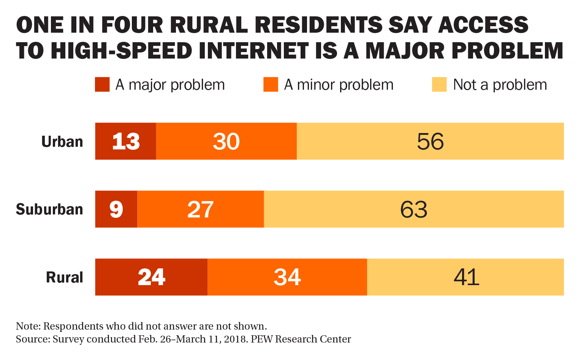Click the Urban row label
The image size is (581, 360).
62,141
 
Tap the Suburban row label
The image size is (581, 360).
49,209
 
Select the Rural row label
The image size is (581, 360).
65,277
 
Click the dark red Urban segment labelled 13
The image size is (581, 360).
125,141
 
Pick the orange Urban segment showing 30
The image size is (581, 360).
226,141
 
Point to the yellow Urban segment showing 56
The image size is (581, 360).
430,141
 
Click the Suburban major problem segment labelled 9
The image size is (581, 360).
116,209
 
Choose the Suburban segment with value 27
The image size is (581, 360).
200,209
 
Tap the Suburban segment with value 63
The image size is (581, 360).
413,209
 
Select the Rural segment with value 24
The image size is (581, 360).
151,277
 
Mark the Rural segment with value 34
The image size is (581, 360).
287,277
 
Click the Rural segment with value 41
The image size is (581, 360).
466,277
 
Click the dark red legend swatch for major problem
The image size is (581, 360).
102,84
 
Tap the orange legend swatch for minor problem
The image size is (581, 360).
271,84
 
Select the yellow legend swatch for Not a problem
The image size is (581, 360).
439,84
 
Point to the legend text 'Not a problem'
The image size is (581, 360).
500,85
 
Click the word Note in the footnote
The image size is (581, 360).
28,326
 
